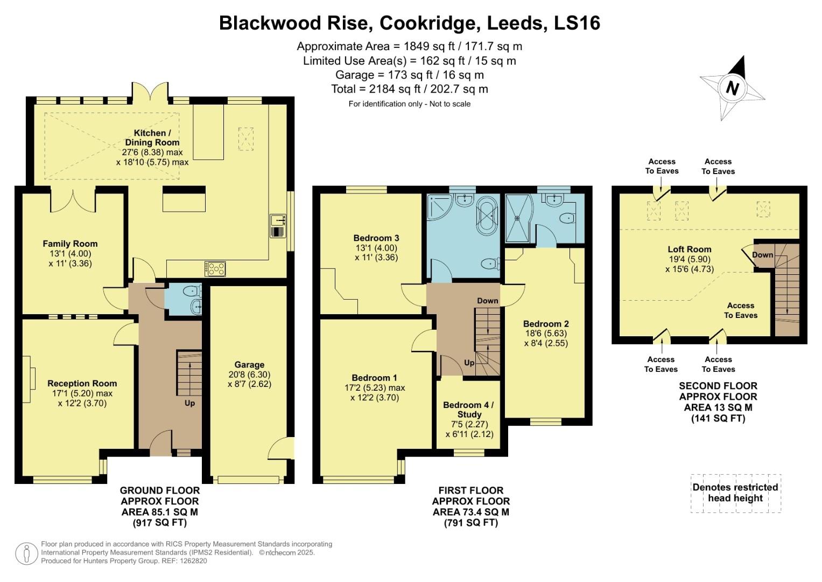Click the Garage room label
click(x=249, y=365)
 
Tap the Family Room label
click(x=70, y=244)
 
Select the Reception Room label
click(x=82, y=384)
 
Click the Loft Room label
click(x=689, y=249)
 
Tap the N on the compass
click(x=732, y=88)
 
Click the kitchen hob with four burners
click(x=215, y=268)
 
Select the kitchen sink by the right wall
click(x=278, y=226)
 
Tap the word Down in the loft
click(x=762, y=255)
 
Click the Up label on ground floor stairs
click(x=189, y=403)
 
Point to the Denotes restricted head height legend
click(x=735, y=493)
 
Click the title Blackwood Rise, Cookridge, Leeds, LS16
click(x=409, y=23)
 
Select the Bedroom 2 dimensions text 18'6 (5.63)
click(x=546, y=333)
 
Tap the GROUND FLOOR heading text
click(x=159, y=490)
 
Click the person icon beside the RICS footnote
click(x=26, y=553)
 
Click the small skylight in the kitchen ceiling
click(x=246, y=138)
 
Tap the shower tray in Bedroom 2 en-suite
click(x=518, y=218)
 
